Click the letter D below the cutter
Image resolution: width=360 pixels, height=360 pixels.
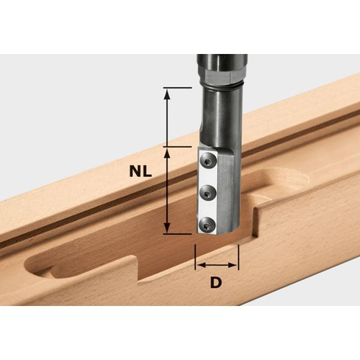coord(216,283)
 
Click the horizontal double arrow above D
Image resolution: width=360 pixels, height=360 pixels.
coord(217,264)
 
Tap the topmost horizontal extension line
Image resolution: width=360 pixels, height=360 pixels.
coord(177,88)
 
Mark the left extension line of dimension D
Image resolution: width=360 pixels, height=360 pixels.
coord(195,256)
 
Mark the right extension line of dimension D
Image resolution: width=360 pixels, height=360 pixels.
coord(238,256)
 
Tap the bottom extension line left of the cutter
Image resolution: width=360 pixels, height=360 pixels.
coord(177,233)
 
